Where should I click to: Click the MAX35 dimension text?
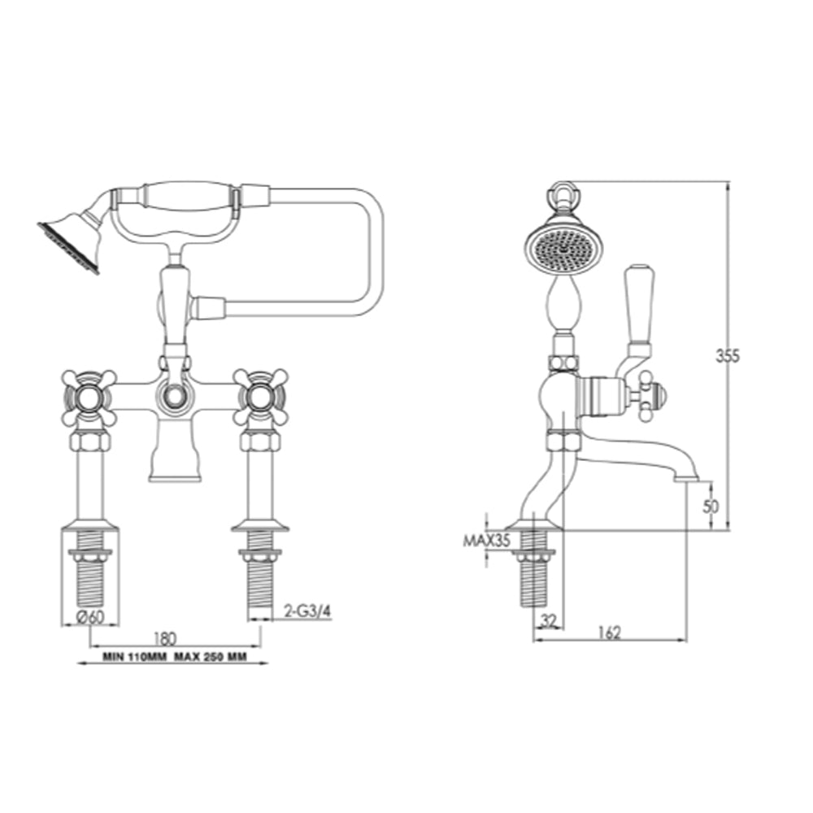tap(485, 539)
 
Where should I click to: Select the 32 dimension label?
tap(550, 620)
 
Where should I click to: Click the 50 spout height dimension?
tap(711, 506)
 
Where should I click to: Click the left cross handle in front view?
tap(89, 398)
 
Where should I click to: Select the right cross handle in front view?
tap(259, 398)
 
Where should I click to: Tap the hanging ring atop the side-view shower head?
tap(563, 194)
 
